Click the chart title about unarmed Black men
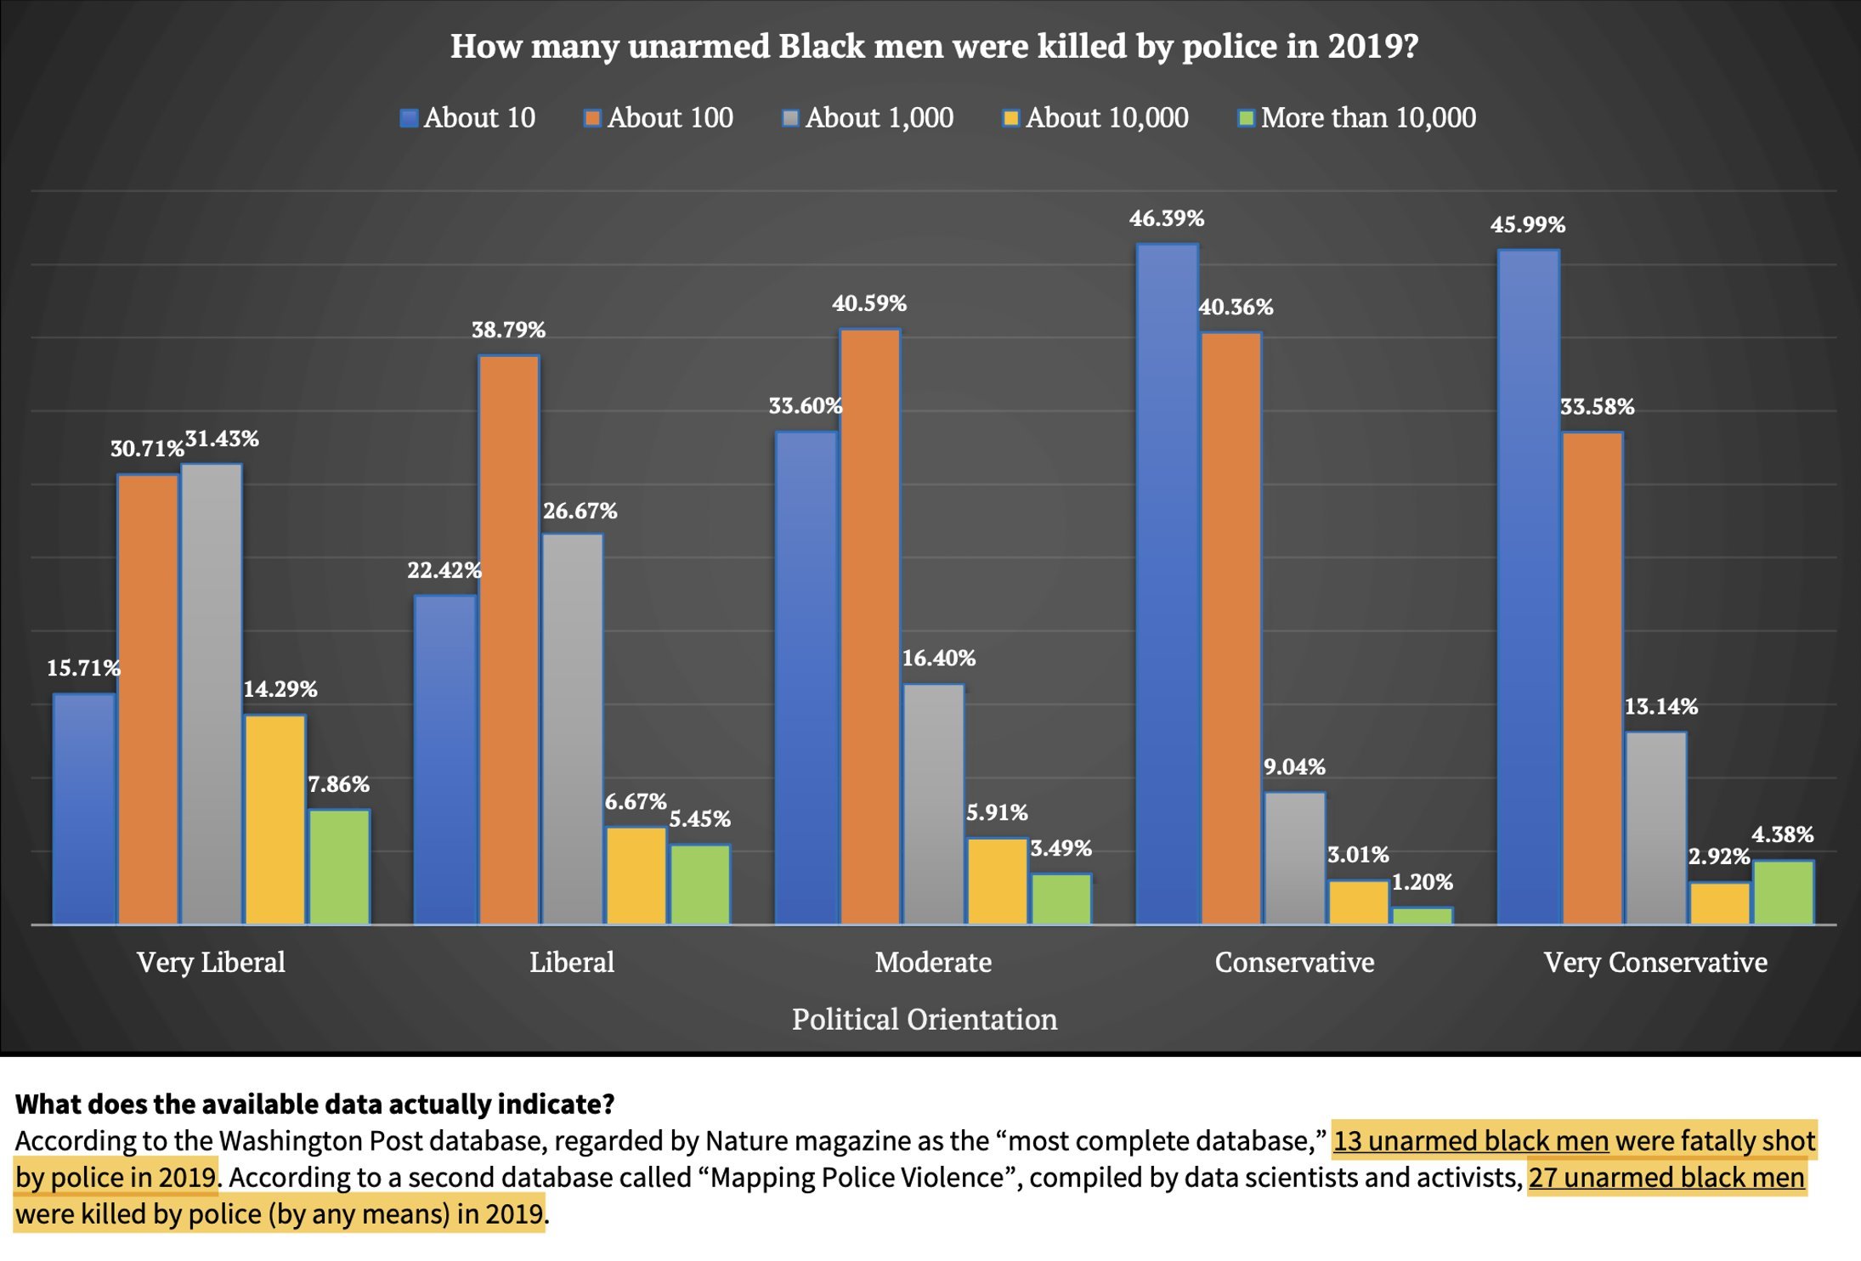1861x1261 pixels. [x=934, y=46]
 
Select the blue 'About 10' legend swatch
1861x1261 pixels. [x=409, y=118]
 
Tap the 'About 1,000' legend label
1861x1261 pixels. [x=879, y=117]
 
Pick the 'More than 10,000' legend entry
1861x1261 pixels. [x=1367, y=117]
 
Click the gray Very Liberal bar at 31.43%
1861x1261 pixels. [x=212, y=693]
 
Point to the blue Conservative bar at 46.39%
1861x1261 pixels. [x=1167, y=583]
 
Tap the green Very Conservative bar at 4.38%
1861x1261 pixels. [x=1783, y=891]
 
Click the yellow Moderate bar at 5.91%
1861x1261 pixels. [x=997, y=880]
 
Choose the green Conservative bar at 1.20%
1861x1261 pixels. [x=1422, y=915]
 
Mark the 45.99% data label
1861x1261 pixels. [x=1527, y=224]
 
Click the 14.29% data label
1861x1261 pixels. [x=280, y=689]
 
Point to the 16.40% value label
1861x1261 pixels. [x=938, y=658]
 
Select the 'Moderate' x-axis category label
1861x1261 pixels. [x=933, y=962]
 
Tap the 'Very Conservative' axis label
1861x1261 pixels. [x=1655, y=962]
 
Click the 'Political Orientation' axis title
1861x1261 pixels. [x=925, y=1019]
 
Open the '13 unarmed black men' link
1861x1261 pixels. [x=1470, y=1140]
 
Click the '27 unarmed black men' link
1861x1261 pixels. [x=1666, y=1177]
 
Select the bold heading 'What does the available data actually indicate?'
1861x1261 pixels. [x=314, y=1104]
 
